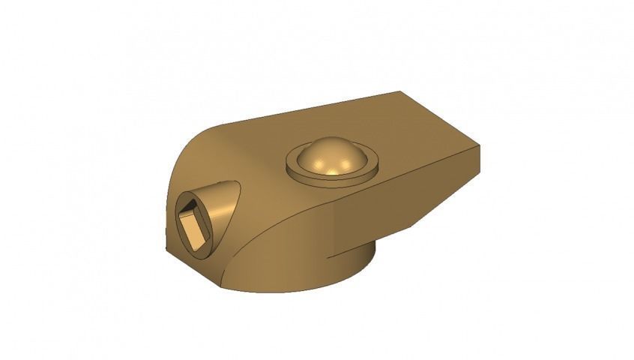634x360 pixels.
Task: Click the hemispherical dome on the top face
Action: pyautogui.click(x=331, y=157)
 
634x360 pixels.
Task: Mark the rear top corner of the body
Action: pyautogui.click(x=400, y=92)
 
